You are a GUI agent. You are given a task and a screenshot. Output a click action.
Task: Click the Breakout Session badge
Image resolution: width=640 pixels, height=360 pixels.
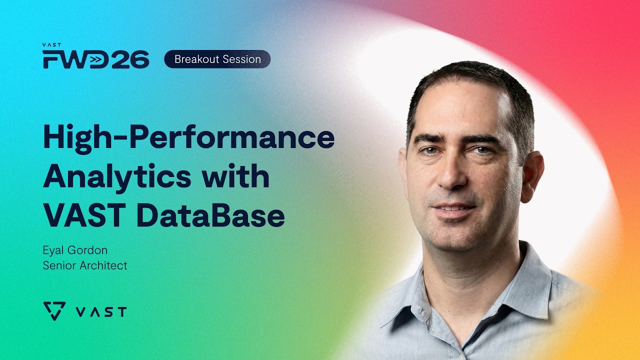click(x=217, y=59)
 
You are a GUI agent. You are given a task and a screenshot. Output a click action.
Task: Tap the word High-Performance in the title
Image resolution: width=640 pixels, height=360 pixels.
click(x=188, y=137)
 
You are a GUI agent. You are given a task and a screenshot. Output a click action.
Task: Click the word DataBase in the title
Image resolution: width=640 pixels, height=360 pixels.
click(x=210, y=216)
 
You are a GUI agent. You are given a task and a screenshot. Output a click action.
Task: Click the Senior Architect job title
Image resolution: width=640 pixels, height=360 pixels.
click(x=85, y=265)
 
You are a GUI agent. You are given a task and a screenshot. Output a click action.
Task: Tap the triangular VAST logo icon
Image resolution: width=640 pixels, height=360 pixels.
click(x=54, y=311)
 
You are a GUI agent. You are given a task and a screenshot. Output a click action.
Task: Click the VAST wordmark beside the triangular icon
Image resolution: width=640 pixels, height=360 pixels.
click(x=101, y=312)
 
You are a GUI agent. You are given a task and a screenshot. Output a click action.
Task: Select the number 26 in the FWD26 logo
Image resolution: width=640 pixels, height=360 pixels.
click(x=130, y=59)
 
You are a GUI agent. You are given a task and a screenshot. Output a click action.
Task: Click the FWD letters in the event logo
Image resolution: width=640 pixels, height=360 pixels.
click(x=75, y=59)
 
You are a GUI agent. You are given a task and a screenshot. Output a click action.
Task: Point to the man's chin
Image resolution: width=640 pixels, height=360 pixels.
click(x=455, y=237)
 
